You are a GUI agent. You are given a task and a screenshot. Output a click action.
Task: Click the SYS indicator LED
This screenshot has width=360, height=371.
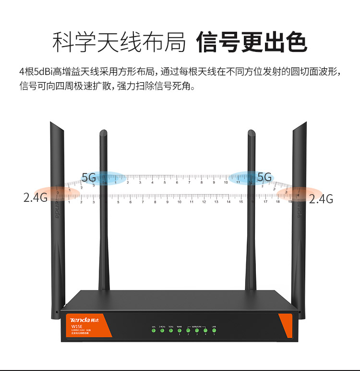[x=154, y=330]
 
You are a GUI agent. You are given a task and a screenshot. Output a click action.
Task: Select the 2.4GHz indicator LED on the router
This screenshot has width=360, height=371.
[x=162, y=330]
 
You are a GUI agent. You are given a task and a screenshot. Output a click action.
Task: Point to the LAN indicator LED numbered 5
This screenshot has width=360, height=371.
[x=214, y=330]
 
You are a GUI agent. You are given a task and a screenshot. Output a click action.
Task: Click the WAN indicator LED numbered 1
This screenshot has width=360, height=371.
[x=180, y=330]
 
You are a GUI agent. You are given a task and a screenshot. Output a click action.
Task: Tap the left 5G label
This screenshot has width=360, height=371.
[x=89, y=177]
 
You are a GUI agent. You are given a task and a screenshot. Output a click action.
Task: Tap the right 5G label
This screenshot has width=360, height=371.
[x=264, y=177]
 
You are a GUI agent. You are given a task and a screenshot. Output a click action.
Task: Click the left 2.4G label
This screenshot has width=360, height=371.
[x=35, y=198]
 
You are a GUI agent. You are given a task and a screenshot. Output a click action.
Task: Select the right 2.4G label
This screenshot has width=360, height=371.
[x=321, y=198]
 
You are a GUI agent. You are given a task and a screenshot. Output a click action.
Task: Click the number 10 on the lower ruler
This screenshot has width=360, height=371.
[x=180, y=202]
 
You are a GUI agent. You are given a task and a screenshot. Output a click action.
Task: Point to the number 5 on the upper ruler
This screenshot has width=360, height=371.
[x=165, y=183]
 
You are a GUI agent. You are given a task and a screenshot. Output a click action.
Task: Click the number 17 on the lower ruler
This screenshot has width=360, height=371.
[x=265, y=202]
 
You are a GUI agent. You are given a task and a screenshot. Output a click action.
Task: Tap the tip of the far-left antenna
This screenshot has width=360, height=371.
[x=52, y=124]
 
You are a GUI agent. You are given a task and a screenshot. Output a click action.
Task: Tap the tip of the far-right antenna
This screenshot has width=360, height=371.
[x=304, y=124]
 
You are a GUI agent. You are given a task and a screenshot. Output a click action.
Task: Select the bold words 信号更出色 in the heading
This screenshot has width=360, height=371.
[x=252, y=42]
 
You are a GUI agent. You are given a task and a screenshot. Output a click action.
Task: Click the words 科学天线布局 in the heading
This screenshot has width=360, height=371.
[x=119, y=42]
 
